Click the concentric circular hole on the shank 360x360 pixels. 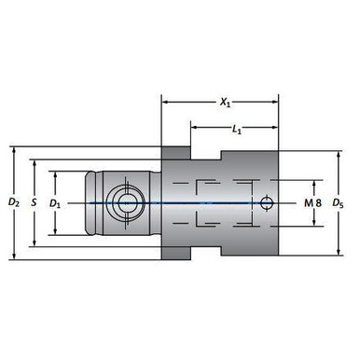click(x=122, y=202)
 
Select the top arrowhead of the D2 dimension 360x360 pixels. click(x=12, y=149)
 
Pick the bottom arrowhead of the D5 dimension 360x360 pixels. click(x=337, y=251)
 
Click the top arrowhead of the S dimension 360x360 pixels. click(x=35, y=160)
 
